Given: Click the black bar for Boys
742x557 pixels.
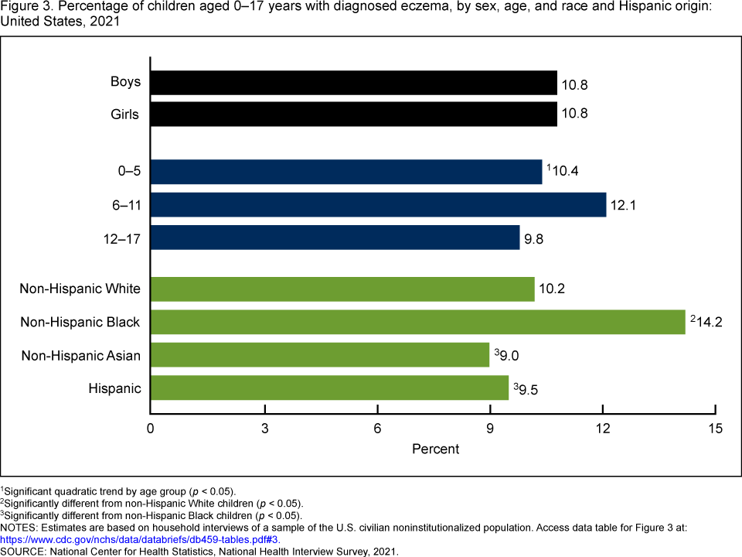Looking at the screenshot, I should tap(353, 83).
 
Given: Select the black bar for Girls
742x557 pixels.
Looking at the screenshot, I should tap(353, 114).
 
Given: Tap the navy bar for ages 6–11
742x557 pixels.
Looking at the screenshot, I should tap(378, 205).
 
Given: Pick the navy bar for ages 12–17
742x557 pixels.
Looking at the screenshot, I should tap(335, 237).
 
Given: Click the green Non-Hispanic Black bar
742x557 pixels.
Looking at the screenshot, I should tap(417, 322).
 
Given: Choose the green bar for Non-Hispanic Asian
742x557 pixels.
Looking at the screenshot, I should tap(320, 355).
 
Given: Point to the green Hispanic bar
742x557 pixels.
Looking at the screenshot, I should tap(329, 388).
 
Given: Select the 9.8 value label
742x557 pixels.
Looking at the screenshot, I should tap(534, 239).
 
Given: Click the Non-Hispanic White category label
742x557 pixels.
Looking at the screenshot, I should tap(80, 289).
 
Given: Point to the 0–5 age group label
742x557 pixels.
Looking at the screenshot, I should tap(124, 172).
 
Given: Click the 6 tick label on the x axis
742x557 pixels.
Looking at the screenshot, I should tap(377, 429).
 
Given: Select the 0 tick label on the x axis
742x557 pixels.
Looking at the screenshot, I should tap(151, 429).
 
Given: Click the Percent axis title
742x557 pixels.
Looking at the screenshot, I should tap(435, 449).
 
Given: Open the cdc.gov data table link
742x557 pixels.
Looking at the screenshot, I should tap(139, 539).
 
